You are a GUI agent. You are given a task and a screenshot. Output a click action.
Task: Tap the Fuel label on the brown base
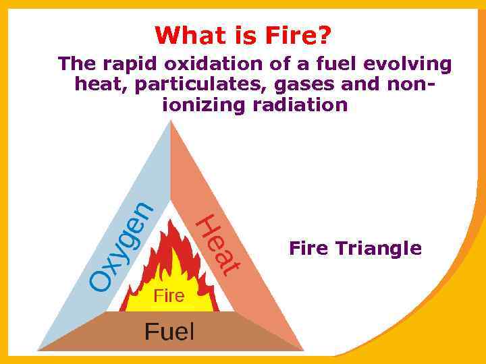coord(169,332)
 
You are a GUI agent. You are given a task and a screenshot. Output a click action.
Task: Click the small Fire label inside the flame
coord(169,295)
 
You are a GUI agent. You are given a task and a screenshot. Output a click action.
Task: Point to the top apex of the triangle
coord(170,122)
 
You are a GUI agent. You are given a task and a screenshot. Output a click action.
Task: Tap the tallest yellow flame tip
coord(178,250)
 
